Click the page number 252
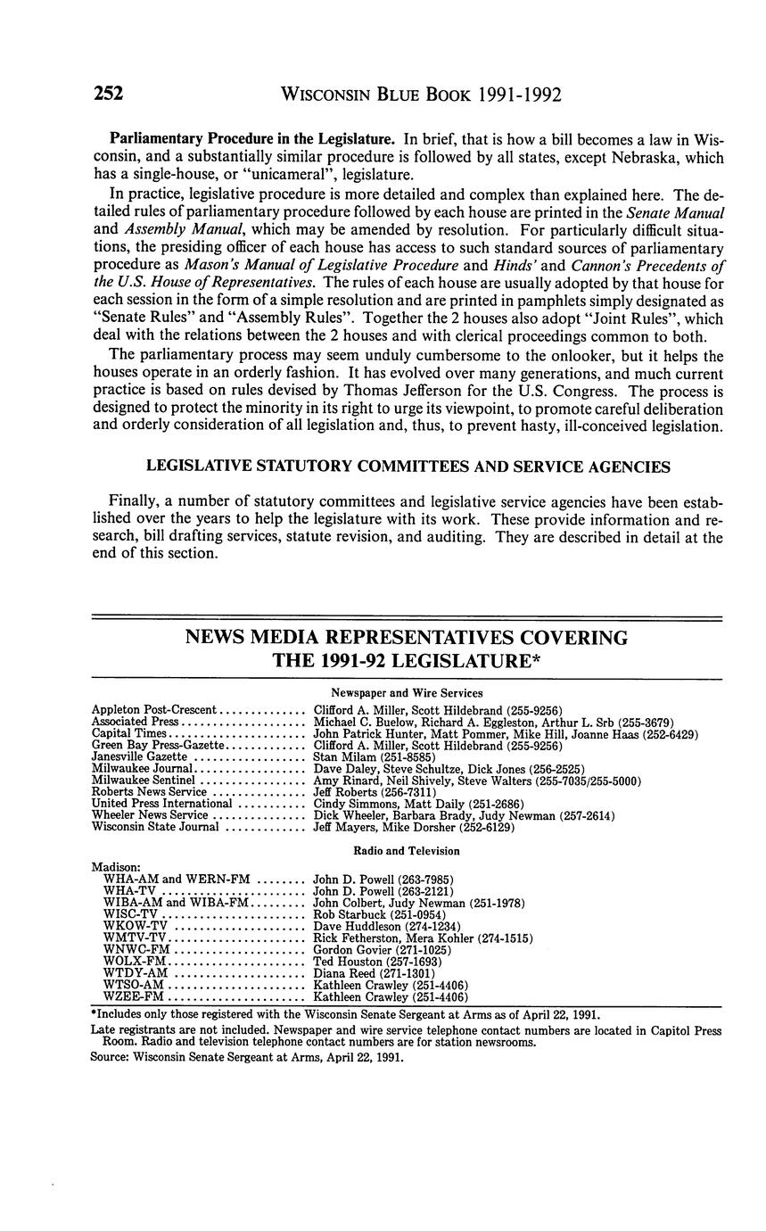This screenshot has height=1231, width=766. point(107,93)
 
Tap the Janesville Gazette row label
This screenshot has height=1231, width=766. point(140,756)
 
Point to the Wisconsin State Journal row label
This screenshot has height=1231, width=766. point(155,827)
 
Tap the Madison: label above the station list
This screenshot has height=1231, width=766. point(116,866)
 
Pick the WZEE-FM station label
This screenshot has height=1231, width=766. point(135,997)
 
